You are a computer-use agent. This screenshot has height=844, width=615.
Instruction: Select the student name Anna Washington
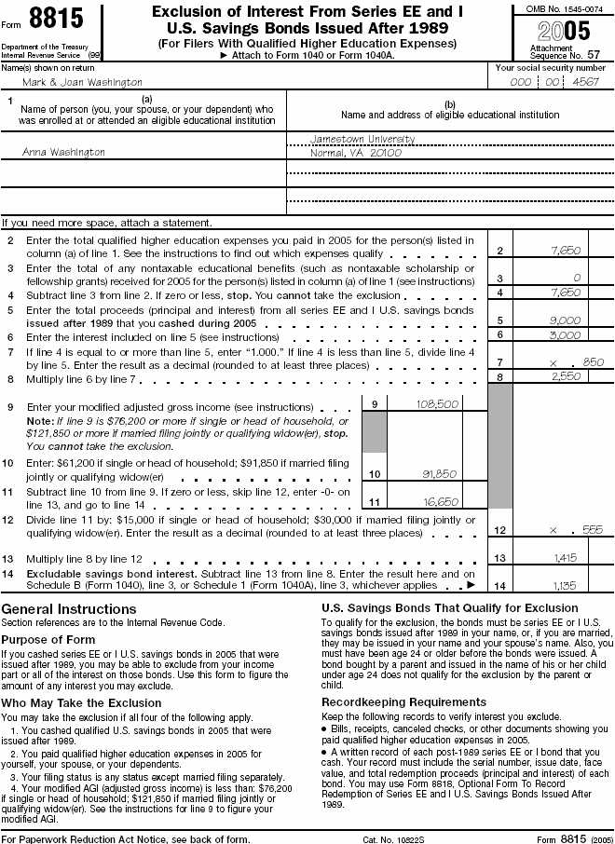63,152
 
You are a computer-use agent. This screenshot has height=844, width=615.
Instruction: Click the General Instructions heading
69,609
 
